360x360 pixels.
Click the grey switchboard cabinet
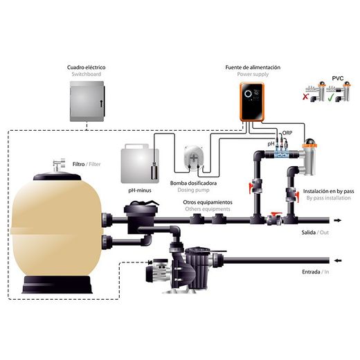(x=87, y=101)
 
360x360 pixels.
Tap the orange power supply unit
(x=252, y=102)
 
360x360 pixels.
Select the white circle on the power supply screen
(x=248, y=93)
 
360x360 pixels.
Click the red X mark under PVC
(x=305, y=97)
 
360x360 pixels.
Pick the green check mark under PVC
(x=330, y=98)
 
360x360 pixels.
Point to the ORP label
(x=287, y=133)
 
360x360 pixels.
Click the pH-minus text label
(x=140, y=190)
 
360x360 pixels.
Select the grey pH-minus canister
(x=140, y=163)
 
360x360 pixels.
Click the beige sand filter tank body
(x=56, y=227)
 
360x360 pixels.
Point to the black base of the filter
(x=57, y=285)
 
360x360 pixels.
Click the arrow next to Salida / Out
(x=337, y=220)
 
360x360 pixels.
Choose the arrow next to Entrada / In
(x=338, y=261)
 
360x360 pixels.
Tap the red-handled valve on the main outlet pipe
(x=275, y=219)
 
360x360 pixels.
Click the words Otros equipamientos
(x=208, y=202)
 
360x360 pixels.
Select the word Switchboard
(x=87, y=74)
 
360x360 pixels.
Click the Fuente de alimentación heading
(x=253, y=67)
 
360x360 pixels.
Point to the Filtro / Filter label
(x=87, y=164)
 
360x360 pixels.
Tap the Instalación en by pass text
(x=328, y=191)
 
